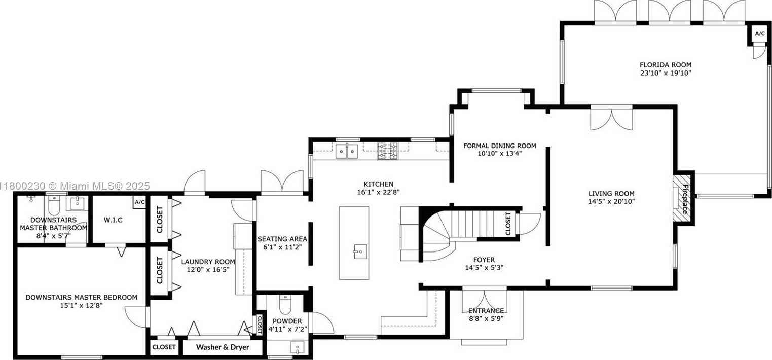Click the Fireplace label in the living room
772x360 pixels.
point(685,199)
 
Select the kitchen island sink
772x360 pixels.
point(360,251)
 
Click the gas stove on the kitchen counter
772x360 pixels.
point(388,151)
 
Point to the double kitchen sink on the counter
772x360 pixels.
point(347,152)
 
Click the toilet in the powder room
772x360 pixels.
point(286,305)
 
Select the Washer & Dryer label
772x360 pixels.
point(223,347)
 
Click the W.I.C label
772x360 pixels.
point(113,220)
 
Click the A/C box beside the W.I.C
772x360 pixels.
point(139,202)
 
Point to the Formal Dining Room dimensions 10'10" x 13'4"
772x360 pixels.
point(499,154)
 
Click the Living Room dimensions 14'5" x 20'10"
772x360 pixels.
point(611,202)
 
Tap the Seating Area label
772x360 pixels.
point(282,239)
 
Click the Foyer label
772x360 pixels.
point(484,260)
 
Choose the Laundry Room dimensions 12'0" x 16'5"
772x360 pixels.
point(208,270)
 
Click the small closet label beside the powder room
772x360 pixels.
point(260,324)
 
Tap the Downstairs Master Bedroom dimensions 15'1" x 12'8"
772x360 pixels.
point(81,306)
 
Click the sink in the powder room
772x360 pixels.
point(297,348)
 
